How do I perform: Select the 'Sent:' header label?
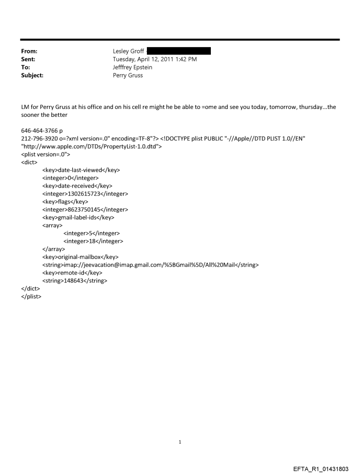pos(28,60)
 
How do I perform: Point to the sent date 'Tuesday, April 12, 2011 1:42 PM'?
pos(155,60)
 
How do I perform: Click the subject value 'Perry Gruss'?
pos(128,75)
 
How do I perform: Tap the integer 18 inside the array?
pos(94,241)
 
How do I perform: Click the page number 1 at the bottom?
pos(180,442)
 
